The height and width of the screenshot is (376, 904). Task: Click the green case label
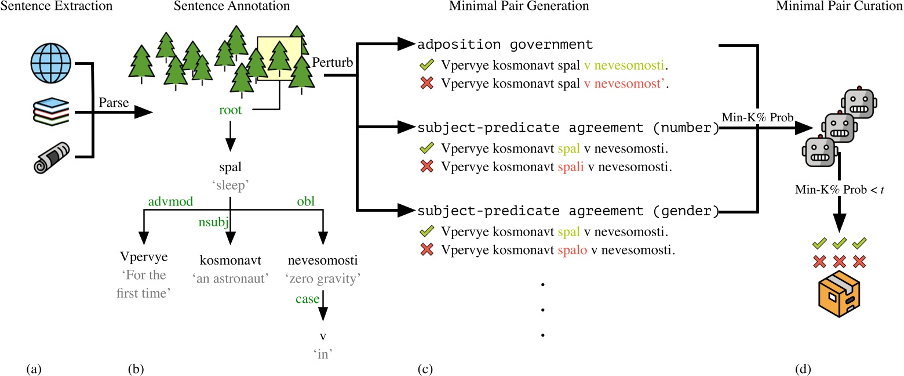307,299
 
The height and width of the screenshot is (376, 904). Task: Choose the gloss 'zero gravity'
323,278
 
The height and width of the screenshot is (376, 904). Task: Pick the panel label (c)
425,367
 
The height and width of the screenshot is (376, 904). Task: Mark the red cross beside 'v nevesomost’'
427,84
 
